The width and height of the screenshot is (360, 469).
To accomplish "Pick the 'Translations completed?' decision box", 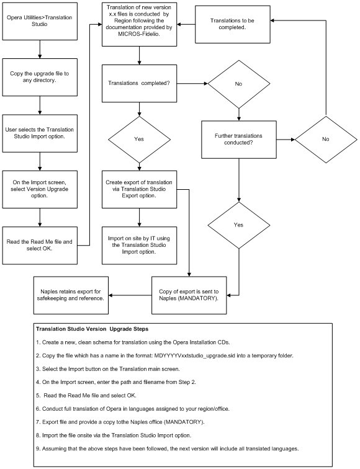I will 139,84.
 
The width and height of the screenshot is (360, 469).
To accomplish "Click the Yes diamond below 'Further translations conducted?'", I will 239,224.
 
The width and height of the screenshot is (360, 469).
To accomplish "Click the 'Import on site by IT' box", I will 139,243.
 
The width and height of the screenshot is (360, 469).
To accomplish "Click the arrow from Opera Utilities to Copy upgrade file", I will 39,49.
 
